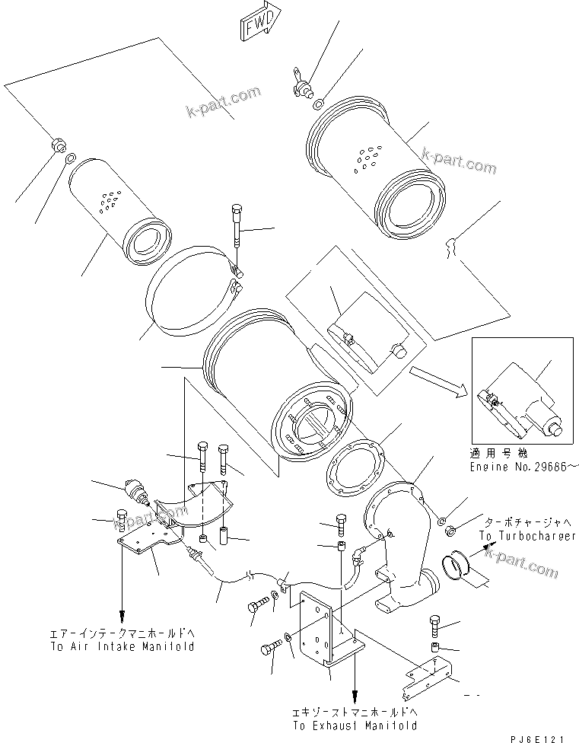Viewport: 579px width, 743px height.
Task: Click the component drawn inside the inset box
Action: (x=522, y=400)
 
